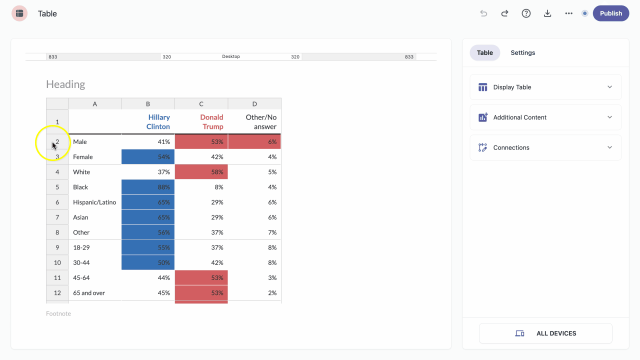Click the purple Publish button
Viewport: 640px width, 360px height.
(611, 13)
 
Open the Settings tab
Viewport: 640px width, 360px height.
(523, 52)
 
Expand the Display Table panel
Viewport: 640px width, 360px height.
(545, 87)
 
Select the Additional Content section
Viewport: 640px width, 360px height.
(545, 117)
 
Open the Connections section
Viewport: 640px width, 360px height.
(545, 147)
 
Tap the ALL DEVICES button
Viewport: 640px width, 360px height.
(545, 333)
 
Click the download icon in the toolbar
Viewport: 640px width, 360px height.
(547, 13)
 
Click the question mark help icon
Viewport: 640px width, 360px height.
(526, 13)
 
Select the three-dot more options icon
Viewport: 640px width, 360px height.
(569, 13)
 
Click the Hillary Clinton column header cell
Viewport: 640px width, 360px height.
(148, 122)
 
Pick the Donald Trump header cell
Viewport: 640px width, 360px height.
(201, 122)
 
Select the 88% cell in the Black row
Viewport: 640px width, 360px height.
(148, 187)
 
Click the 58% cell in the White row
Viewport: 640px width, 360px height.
(201, 172)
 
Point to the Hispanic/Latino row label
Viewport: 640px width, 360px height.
(94, 202)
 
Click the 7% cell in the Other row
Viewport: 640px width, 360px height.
(254, 232)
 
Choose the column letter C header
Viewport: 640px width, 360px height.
(201, 104)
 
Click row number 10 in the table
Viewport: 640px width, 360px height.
(57, 263)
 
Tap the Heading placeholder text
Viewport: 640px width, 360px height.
(65, 84)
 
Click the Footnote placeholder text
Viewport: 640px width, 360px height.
(58, 313)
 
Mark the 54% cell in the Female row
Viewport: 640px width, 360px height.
(148, 157)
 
